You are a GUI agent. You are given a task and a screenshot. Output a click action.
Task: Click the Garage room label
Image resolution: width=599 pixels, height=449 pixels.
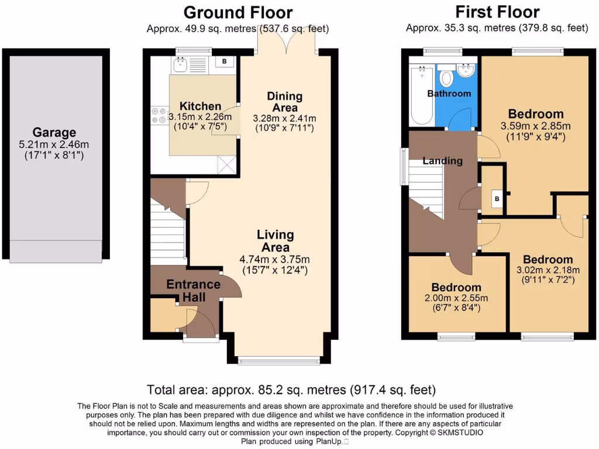[x=54, y=132]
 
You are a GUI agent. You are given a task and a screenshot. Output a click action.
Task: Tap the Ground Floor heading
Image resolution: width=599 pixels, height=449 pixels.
[x=237, y=12]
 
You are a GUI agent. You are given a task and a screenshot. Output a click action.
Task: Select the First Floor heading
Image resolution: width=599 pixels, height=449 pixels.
[x=497, y=12]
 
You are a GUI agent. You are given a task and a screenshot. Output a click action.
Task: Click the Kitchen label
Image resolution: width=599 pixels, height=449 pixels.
[x=200, y=106]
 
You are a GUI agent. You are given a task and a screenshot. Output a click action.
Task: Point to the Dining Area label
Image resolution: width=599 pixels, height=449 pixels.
[x=285, y=102]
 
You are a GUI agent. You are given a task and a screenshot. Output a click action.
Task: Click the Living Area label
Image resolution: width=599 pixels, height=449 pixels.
[x=276, y=241]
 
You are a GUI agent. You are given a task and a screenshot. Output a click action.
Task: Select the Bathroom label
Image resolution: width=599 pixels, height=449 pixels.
[x=449, y=94]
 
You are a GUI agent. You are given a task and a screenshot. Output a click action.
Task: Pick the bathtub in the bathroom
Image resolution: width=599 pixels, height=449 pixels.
[x=421, y=95]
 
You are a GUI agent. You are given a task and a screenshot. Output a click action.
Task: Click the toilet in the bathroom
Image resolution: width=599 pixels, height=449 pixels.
[x=446, y=78]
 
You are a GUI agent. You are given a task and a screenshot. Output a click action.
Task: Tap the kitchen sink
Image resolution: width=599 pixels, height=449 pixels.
[x=180, y=63]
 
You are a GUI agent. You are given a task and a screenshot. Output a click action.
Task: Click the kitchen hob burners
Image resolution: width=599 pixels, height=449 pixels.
[x=159, y=114]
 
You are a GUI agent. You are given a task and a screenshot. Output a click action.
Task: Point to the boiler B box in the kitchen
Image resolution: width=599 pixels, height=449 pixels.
[x=224, y=61]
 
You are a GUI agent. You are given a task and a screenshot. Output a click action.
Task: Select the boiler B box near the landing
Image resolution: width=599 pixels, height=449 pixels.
[x=497, y=199]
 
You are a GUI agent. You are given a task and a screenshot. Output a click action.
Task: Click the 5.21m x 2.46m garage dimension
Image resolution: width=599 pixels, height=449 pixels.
[x=54, y=144]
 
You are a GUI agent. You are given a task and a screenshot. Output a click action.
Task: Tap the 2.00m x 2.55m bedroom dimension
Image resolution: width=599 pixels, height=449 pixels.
[x=456, y=298]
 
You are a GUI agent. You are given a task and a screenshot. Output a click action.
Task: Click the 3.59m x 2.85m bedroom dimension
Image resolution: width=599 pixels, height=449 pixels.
[x=536, y=126]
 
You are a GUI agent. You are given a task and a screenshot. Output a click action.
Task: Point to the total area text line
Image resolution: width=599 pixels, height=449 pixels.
[x=291, y=389]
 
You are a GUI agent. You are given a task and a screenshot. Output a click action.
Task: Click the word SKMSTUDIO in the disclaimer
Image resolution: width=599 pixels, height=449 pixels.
[x=465, y=433]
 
